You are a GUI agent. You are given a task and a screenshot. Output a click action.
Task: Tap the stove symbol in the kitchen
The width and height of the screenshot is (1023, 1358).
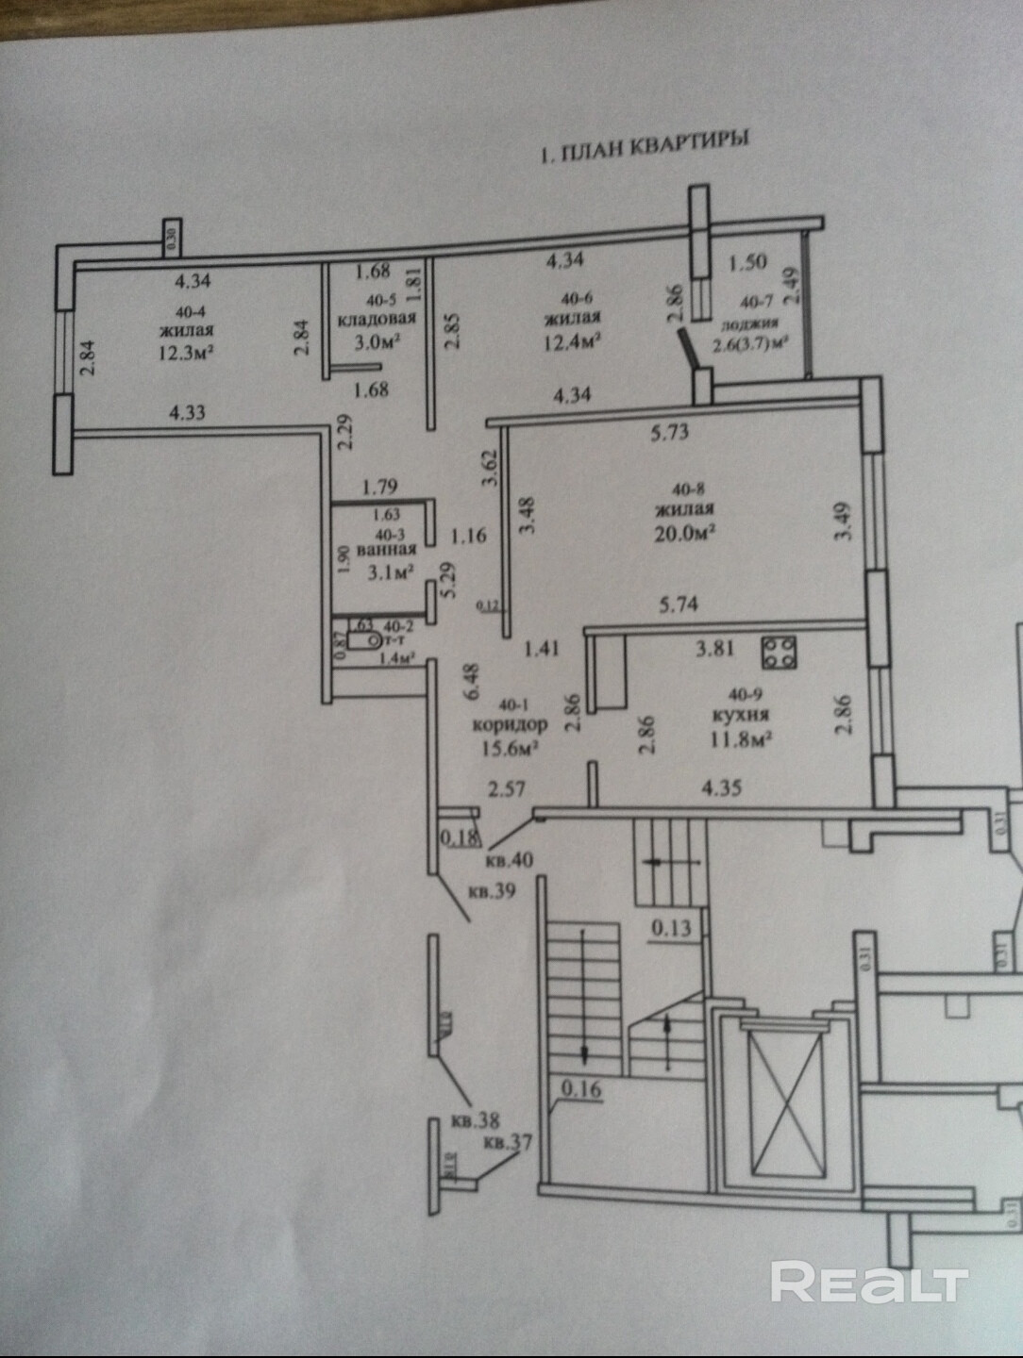click(x=780, y=653)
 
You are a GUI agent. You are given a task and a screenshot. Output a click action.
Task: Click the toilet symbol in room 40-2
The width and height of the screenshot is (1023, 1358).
click(x=361, y=641)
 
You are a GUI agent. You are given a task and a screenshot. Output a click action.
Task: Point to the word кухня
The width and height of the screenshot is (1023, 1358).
click(x=741, y=715)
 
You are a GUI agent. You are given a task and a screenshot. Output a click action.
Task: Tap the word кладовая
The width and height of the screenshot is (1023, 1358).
click(x=377, y=320)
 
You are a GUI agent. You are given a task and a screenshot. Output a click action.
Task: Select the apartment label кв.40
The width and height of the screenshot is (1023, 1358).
click(x=509, y=861)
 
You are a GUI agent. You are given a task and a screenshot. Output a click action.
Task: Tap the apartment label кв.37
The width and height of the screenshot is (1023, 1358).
click(x=508, y=1143)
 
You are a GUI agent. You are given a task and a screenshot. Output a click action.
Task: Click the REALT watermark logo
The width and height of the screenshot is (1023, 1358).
click(x=869, y=1283)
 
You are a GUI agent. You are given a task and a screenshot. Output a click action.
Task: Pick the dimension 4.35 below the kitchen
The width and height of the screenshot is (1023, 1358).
click(x=722, y=787)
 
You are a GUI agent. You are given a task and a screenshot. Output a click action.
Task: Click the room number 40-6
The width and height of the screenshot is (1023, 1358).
click(x=573, y=299)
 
